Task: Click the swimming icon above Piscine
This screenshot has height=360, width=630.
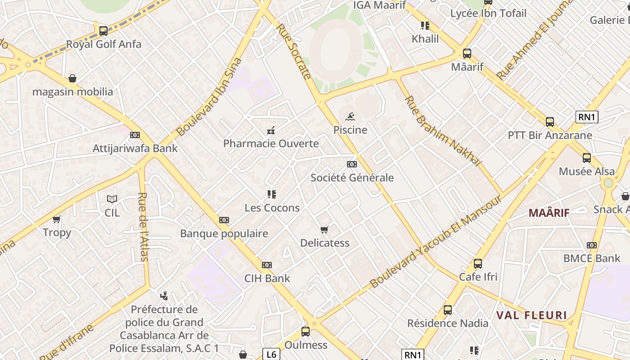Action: point(350,117)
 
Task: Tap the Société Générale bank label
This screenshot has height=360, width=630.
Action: point(352,178)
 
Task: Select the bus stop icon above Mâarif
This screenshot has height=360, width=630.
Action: point(467,54)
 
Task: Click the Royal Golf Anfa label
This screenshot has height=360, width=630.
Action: point(103,44)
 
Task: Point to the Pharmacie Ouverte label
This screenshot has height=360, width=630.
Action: point(271,144)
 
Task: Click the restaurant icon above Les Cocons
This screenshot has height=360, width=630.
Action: point(271,194)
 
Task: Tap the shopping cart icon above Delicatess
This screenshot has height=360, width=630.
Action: point(324,229)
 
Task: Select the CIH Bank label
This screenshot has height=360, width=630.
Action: point(267,279)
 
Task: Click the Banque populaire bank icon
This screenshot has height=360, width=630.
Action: point(224,220)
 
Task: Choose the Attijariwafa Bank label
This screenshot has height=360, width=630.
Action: point(135,148)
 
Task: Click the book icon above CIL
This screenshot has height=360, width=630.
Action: point(112,199)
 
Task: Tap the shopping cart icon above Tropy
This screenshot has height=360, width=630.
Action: point(57,219)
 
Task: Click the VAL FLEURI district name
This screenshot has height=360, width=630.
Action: point(531,315)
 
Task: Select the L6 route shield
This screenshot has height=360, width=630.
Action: point(271,354)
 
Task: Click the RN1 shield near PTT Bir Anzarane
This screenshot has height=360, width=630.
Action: point(587,117)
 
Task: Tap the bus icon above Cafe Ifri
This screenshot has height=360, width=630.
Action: point(478,264)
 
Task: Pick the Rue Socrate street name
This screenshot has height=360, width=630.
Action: point(294,51)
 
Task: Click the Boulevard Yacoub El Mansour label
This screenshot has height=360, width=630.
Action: point(436,242)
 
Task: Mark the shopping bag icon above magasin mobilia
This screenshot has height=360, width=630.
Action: point(72,79)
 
